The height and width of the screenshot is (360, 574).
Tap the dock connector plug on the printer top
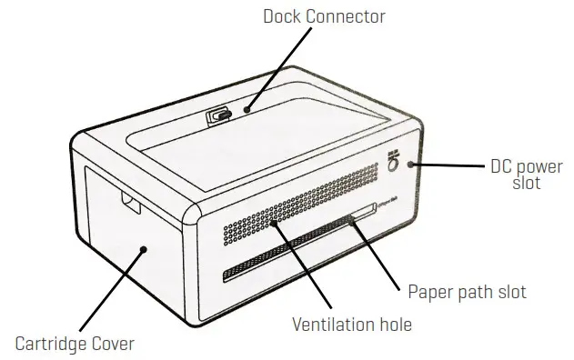point(218,115)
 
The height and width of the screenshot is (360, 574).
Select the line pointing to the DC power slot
point(450,165)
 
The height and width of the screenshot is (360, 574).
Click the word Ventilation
point(329,323)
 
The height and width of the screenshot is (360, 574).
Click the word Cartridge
point(53,344)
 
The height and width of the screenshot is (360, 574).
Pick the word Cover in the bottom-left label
point(113,344)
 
